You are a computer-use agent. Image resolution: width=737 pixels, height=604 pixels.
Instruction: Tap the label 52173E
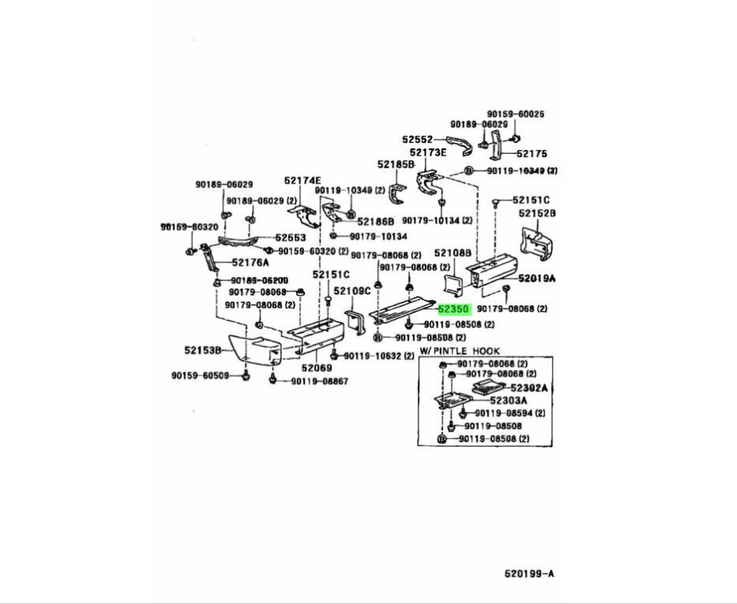click(429, 152)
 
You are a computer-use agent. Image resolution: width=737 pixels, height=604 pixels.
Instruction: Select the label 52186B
click(376, 221)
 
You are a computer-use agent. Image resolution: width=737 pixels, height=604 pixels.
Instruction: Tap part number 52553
click(291, 237)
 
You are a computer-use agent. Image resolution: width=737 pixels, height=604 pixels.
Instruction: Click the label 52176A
click(250, 263)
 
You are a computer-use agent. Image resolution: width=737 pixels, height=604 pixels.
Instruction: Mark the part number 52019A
click(538, 279)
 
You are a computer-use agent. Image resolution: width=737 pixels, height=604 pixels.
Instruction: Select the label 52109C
click(352, 291)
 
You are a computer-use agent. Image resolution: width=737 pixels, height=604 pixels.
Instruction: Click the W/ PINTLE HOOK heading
click(459, 350)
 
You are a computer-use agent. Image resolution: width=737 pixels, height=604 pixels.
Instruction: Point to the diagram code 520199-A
click(528, 572)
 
